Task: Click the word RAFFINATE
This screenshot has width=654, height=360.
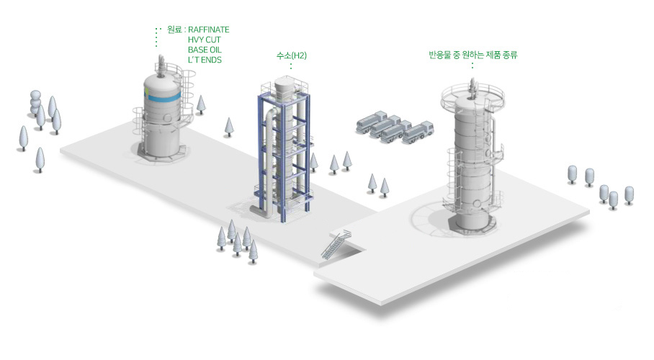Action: coord(209,30)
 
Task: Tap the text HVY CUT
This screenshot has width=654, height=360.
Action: coord(205,40)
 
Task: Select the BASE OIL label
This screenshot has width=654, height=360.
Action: coord(205,50)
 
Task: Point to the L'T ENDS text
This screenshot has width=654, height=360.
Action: coord(205,60)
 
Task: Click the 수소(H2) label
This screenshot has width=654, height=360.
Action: coord(292,55)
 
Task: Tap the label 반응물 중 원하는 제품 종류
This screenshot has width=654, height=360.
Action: coord(473,55)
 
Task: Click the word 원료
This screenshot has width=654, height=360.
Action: coord(174,30)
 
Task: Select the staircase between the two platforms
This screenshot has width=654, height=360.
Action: coord(336,245)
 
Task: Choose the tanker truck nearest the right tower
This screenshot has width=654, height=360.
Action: coord(418,132)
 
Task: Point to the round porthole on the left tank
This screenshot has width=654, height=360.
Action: coord(168,119)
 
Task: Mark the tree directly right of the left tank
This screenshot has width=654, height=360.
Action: coord(201,104)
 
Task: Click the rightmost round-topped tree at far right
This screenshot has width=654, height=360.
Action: coord(629,195)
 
